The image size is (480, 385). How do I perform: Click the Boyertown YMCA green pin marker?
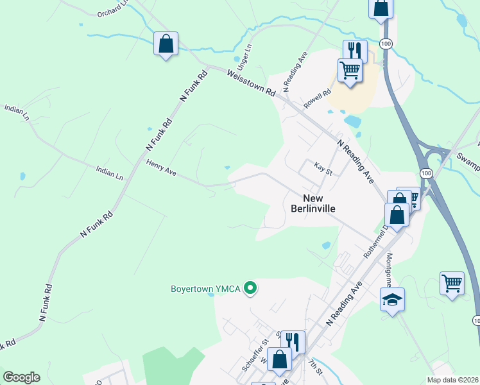click(x=252, y=289)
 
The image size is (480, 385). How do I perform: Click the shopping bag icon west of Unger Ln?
click(x=166, y=44)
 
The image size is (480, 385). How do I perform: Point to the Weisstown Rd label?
click(x=251, y=83)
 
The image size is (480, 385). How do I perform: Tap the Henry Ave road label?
click(x=161, y=169)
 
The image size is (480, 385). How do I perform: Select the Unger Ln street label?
click(x=244, y=57)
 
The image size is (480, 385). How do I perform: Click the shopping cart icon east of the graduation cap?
click(x=452, y=282)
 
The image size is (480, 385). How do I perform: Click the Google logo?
click(x=21, y=377)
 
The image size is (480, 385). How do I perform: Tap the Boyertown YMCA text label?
click(x=205, y=289)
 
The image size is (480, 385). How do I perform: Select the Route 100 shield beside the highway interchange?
click(x=425, y=173)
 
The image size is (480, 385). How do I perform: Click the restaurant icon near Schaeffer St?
click(x=293, y=341)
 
